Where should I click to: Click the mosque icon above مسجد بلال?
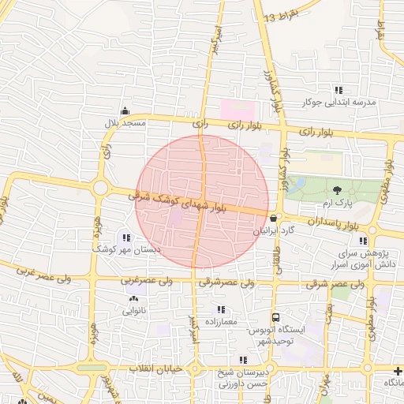coord(124,111)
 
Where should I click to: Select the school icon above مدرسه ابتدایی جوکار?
coord(339,90)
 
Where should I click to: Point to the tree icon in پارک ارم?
coord(338,190)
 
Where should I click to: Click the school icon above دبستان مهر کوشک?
coord(126,237)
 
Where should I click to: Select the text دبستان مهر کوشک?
coord(126,249)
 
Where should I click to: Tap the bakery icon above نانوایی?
coord(133,298)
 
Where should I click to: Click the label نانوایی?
coord(133,311)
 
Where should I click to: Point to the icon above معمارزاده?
coord(221,309)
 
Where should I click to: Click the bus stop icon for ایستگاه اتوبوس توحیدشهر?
coord(275,317)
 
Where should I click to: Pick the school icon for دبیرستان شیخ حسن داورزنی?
coord(243,360)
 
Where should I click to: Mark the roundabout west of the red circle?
coord(100,188)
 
